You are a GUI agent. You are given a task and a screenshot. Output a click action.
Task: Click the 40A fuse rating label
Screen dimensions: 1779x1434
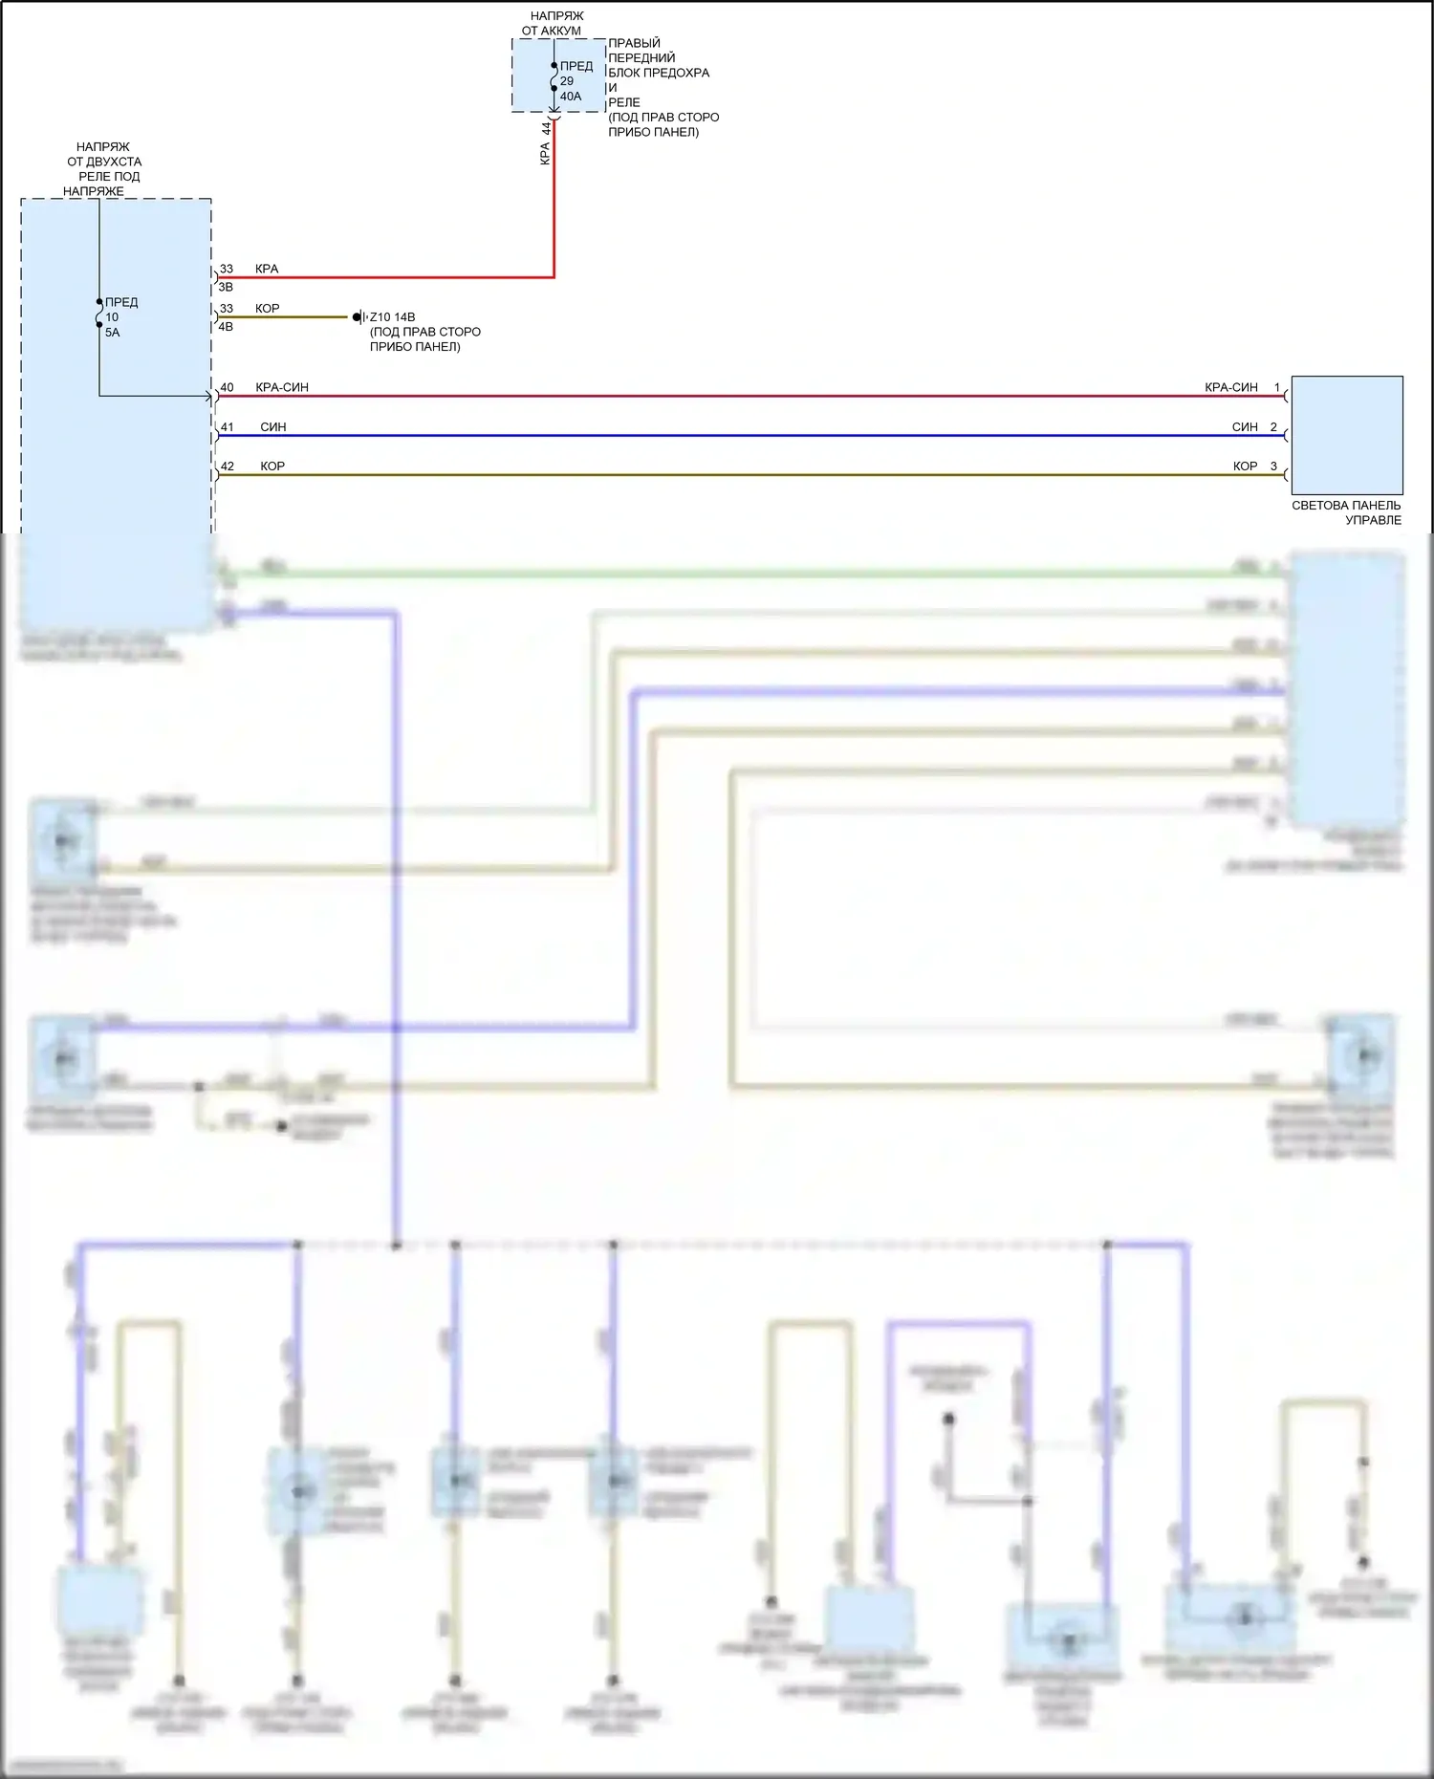tap(571, 97)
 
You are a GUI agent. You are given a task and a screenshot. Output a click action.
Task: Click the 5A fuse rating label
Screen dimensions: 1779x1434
tap(112, 333)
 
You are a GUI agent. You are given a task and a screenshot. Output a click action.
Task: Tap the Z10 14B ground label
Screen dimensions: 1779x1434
tap(392, 317)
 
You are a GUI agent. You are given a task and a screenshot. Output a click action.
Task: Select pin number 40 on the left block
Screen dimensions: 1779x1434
tap(227, 388)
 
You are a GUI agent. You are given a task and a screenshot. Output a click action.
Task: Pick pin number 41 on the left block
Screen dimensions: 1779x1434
tap(227, 427)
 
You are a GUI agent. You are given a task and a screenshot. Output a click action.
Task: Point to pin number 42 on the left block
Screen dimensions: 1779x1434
tap(227, 466)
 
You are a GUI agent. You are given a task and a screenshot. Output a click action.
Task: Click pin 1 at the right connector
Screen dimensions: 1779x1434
tap(1276, 388)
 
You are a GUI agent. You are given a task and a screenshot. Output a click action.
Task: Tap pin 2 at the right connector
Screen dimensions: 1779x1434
tap(1273, 427)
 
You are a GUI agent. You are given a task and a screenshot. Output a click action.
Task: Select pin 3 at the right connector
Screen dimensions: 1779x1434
tap(1273, 466)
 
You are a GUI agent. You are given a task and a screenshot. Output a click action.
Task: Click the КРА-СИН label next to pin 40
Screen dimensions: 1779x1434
tap(282, 388)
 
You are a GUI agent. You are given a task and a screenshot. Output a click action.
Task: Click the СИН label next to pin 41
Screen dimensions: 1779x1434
tap(273, 427)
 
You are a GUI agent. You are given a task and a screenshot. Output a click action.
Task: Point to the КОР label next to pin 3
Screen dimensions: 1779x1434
tap(1245, 466)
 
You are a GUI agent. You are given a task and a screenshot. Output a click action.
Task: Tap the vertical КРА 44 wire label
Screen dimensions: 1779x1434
tap(546, 143)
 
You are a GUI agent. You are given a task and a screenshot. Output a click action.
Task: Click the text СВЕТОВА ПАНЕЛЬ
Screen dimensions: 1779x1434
tap(1346, 506)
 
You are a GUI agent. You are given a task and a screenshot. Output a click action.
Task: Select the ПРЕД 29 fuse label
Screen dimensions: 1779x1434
tap(576, 74)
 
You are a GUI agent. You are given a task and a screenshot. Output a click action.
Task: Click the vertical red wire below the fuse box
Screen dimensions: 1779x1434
tap(554, 210)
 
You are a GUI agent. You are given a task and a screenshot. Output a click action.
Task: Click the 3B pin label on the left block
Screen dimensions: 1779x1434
tap(227, 287)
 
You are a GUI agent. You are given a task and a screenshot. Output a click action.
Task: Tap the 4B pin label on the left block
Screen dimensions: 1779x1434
tap(227, 326)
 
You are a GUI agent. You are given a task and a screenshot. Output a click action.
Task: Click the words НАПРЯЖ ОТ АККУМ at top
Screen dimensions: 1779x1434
tap(553, 24)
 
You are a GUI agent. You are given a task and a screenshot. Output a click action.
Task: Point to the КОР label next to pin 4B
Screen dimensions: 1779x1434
tap(268, 309)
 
